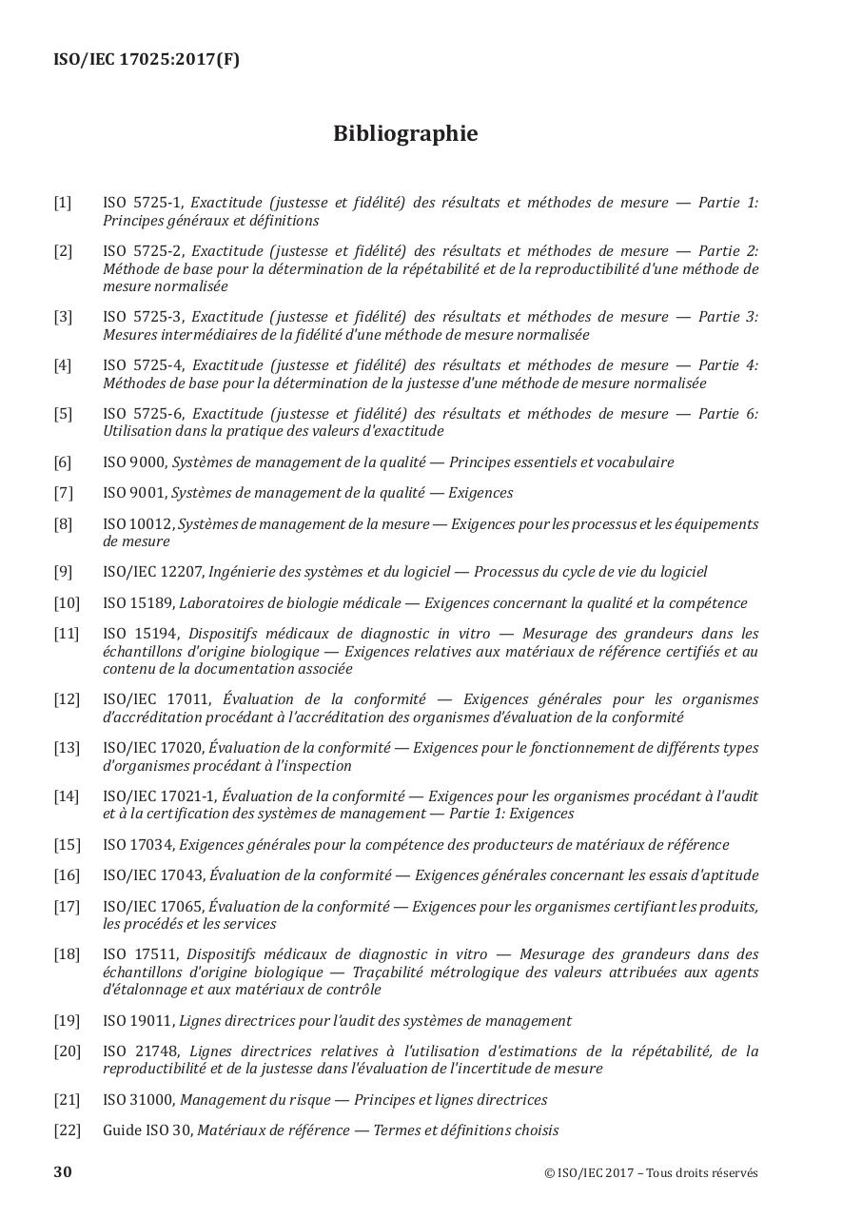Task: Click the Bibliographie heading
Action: [405, 134]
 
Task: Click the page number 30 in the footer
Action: [63, 1171]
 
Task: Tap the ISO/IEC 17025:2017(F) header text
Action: [147, 60]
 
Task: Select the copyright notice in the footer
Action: [651, 1172]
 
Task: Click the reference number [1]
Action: [63, 203]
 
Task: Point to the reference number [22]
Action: [67, 1130]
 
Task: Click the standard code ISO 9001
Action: [134, 493]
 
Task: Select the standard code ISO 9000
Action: [134, 462]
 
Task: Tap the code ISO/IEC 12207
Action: [152, 572]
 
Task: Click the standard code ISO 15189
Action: [138, 603]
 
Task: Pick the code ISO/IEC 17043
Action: [152, 875]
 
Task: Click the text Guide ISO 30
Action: [147, 1130]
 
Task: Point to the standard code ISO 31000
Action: [138, 1100]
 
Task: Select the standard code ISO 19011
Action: [138, 1021]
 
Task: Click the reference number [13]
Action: [67, 748]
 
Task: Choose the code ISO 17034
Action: [138, 845]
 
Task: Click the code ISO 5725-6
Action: [143, 414]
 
